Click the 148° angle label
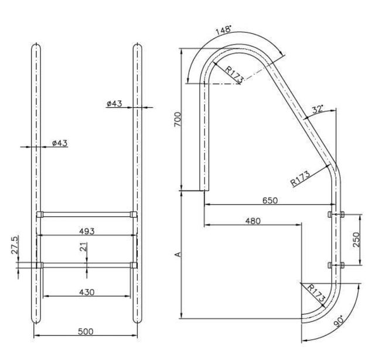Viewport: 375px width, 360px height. tap(223, 29)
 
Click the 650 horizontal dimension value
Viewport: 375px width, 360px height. tap(270, 200)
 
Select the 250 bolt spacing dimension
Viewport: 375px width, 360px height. tap(357, 240)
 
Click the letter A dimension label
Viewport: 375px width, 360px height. tap(178, 254)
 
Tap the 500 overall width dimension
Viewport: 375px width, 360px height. tap(86, 332)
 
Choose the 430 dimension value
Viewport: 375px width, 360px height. tap(86, 291)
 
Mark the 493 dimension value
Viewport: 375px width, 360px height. tap(86, 231)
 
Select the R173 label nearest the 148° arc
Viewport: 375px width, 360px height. tap(233, 73)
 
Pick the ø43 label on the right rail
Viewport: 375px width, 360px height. tap(114, 103)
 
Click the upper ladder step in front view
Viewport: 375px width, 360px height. tap(87, 215)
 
